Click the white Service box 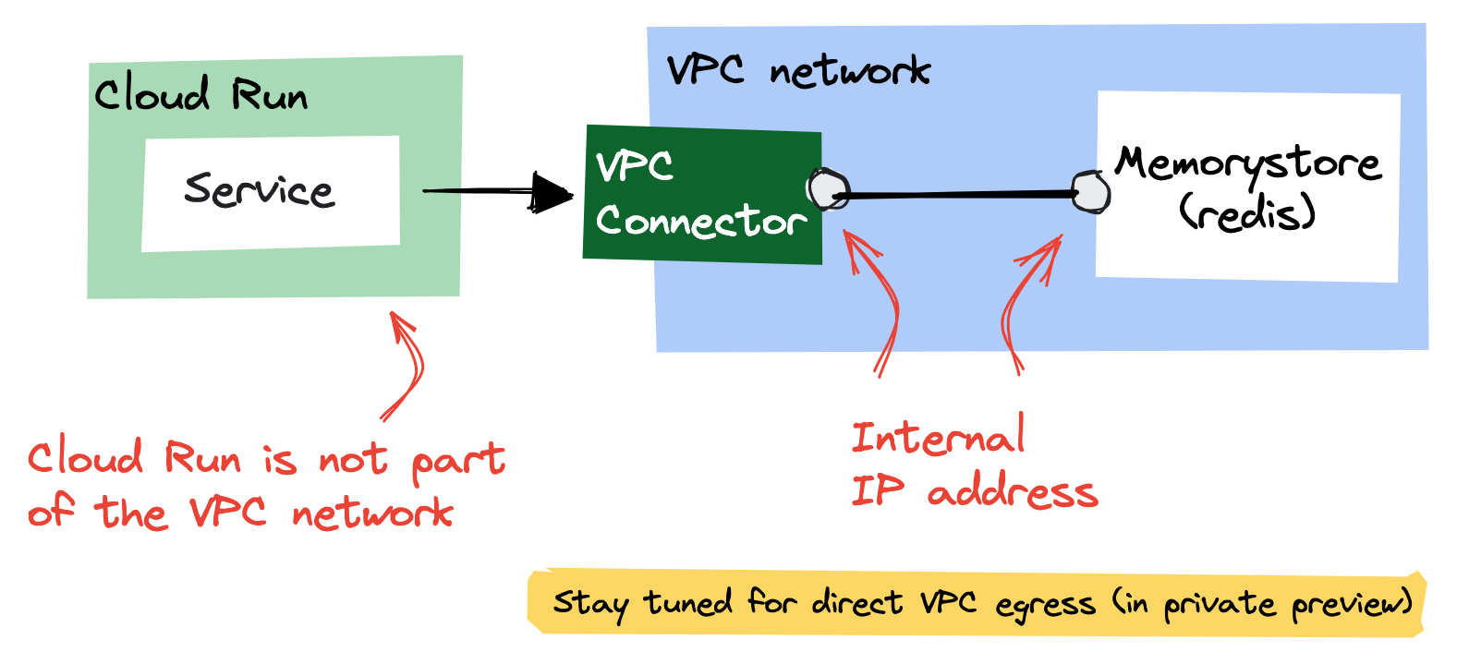(270, 193)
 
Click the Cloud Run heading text (200, 95)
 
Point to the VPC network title (798, 70)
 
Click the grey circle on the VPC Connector (828, 188)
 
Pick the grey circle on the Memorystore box (1091, 192)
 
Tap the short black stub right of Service (442, 191)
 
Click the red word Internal (937, 437)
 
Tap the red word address (1013, 492)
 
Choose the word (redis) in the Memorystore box (1246, 213)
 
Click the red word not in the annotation (352, 459)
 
